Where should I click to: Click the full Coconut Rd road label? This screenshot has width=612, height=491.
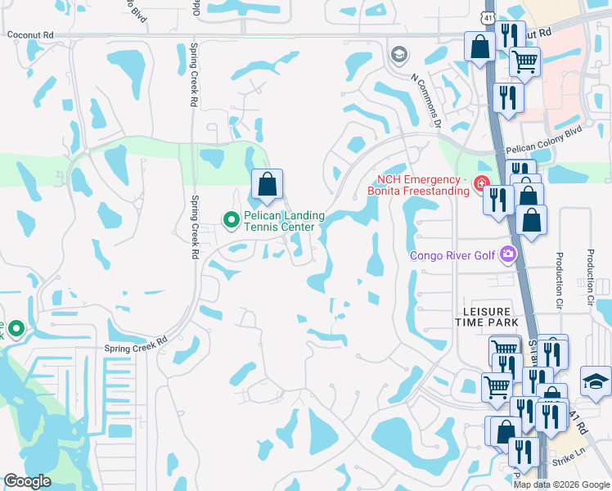pos(30,35)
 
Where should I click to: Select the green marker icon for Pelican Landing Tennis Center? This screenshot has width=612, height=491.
pos(232,218)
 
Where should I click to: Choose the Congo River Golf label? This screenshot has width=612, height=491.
pos(452,255)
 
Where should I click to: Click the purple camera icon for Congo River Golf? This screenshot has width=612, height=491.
pos(509,255)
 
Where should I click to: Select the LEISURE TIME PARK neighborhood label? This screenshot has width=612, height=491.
pos(488,318)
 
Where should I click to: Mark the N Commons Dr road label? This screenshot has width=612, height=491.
pos(426,101)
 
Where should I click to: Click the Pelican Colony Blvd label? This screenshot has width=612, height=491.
pos(542,150)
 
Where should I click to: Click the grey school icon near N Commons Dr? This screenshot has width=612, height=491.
pos(399,55)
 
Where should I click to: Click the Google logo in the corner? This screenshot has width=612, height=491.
pos(27,481)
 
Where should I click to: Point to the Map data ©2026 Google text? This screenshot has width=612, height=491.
pos(561,484)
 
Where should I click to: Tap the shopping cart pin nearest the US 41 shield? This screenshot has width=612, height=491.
pos(524,60)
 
